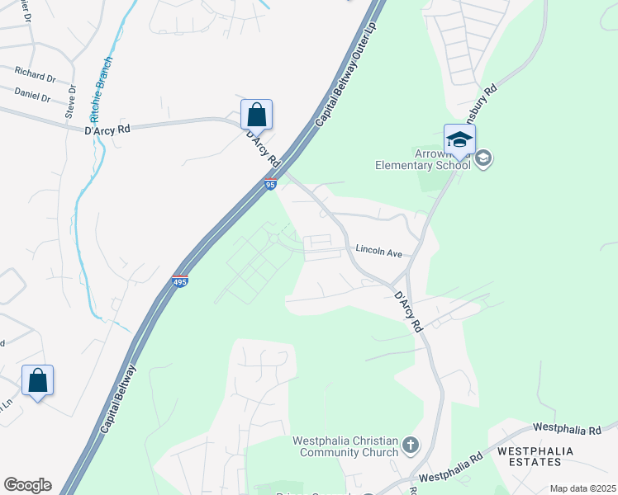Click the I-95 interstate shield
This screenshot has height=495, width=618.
270,184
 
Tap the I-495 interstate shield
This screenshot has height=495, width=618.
180,281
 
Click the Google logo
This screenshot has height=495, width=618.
27,485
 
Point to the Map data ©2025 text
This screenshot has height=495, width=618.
582,488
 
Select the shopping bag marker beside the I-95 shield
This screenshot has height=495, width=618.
256,115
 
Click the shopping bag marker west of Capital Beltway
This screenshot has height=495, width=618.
37,381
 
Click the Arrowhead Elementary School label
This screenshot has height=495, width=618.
421,159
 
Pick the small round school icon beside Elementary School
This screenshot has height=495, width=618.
483,158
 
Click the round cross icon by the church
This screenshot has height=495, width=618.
411,447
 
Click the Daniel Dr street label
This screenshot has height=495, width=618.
32,97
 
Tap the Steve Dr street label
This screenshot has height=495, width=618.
72,101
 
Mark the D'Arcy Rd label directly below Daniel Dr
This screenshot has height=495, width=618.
107,130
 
